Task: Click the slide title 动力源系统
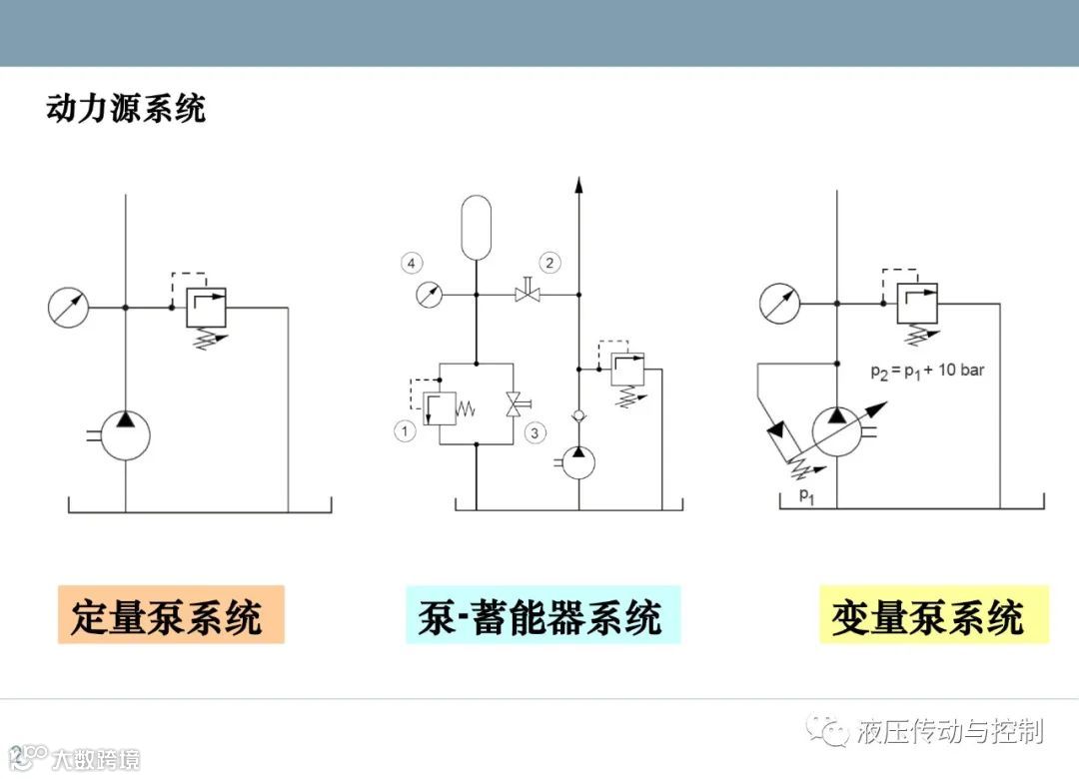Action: point(126,108)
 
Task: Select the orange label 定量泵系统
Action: point(171,615)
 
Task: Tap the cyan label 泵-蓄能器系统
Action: point(542,615)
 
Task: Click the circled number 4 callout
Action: point(412,264)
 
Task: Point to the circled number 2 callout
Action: point(549,264)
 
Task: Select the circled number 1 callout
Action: point(405,431)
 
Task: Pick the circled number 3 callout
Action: point(536,432)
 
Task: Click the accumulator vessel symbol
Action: point(477,227)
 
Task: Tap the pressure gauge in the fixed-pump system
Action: point(68,307)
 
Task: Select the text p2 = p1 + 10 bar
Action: point(926,371)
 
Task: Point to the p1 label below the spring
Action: point(805,494)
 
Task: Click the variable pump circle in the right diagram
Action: point(837,430)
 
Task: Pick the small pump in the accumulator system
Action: point(578,462)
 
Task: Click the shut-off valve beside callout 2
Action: point(527,294)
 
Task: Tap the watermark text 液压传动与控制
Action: point(949,731)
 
